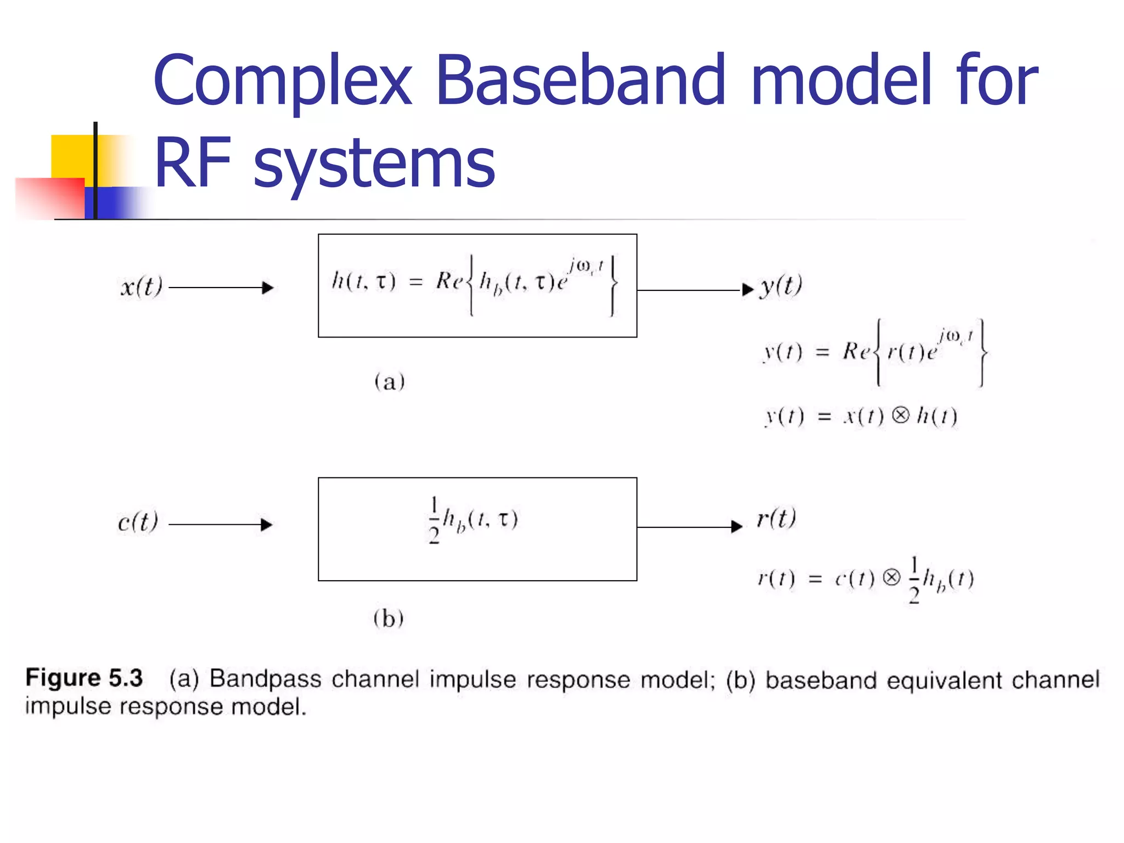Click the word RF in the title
click(x=192, y=163)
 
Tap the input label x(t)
click(x=141, y=286)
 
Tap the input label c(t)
click(x=138, y=522)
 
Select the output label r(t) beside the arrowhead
click(x=776, y=518)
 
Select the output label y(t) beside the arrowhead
click(x=780, y=285)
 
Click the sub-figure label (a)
click(x=389, y=381)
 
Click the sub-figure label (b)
click(x=388, y=619)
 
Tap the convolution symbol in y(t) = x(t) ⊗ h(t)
click(x=900, y=415)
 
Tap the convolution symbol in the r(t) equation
click(x=892, y=577)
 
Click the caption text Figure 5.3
click(x=84, y=678)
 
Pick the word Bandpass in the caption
click(x=265, y=679)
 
